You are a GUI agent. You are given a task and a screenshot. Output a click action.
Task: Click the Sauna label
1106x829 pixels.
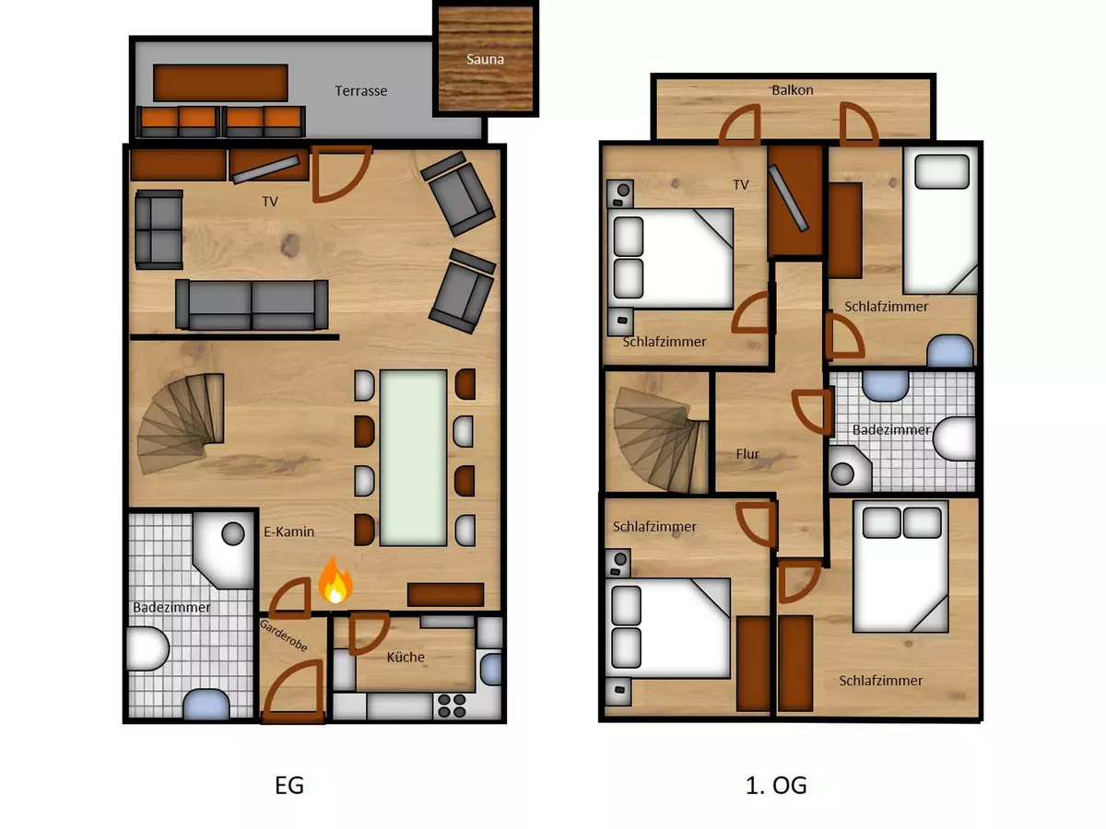tap(485, 59)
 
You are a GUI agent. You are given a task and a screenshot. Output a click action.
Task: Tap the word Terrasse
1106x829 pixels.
tap(360, 91)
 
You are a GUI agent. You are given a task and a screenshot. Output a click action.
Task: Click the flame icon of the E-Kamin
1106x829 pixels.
tap(335, 580)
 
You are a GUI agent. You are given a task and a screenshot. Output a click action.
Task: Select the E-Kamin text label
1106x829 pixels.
tap(288, 531)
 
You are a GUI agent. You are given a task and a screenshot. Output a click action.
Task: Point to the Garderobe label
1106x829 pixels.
tap(283, 636)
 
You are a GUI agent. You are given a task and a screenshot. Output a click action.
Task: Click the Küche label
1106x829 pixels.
tap(406, 657)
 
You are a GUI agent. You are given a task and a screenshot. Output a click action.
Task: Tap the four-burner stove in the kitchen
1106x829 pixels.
tap(452, 706)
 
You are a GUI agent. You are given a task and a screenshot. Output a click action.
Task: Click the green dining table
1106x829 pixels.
tap(413, 458)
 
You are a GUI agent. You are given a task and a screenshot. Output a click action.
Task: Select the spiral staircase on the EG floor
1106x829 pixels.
tap(181, 423)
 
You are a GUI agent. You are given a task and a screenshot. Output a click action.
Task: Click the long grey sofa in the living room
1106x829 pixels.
tap(252, 305)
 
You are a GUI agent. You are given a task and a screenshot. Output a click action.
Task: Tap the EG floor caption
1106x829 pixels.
tap(289, 785)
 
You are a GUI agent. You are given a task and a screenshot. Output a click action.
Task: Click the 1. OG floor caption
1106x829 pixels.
tap(776, 785)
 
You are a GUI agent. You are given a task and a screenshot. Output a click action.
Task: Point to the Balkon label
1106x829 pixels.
tap(792, 90)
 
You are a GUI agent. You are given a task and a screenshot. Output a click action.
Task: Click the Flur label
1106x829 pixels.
tap(747, 454)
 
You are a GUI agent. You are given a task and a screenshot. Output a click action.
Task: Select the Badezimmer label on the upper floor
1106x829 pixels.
tap(891, 430)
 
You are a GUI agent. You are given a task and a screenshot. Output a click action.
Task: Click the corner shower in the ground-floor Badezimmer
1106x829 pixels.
tap(224, 550)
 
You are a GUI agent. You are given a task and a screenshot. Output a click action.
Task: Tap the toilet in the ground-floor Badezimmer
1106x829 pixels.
tap(147, 648)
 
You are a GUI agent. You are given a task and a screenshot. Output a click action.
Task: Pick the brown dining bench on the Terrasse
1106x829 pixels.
tap(220, 83)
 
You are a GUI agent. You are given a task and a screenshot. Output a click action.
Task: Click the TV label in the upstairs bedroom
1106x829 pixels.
tap(741, 185)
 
